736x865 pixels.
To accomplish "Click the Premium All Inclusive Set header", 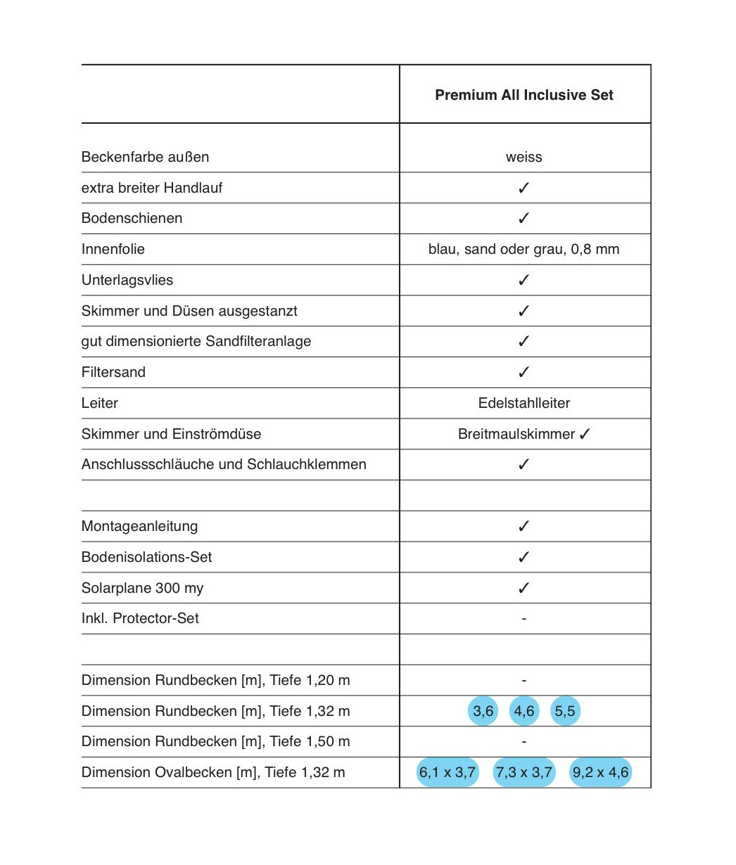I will click(524, 95).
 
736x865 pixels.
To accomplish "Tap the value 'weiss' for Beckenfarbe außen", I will click(524, 157).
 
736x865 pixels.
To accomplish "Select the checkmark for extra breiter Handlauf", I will click(524, 188).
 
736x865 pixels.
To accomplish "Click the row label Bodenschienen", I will click(132, 218).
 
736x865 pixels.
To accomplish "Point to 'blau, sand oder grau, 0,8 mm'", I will click(524, 249).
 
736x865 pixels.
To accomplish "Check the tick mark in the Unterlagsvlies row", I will click(524, 280).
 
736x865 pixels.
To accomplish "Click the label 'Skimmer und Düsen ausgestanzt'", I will click(189, 311).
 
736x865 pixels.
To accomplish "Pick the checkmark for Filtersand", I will click(524, 372).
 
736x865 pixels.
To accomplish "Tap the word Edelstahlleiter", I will click(524, 403).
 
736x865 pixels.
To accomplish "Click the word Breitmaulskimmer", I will click(516, 434).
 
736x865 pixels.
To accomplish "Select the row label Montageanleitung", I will click(139, 526).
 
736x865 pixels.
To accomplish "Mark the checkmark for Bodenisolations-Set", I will click(524, 557).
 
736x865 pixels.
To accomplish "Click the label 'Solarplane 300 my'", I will click(142, 588).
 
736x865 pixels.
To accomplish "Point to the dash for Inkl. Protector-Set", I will click(524, 619).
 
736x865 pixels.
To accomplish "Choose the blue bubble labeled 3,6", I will click(483, 711).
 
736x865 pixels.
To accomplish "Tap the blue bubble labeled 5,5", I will click(565, 711).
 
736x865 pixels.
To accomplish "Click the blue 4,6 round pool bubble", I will click(524, 711).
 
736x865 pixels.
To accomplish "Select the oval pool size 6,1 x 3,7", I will click(448, 772).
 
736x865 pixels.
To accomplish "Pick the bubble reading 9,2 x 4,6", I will click(600, 772).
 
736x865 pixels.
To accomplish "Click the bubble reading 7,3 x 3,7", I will click(524, 772).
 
